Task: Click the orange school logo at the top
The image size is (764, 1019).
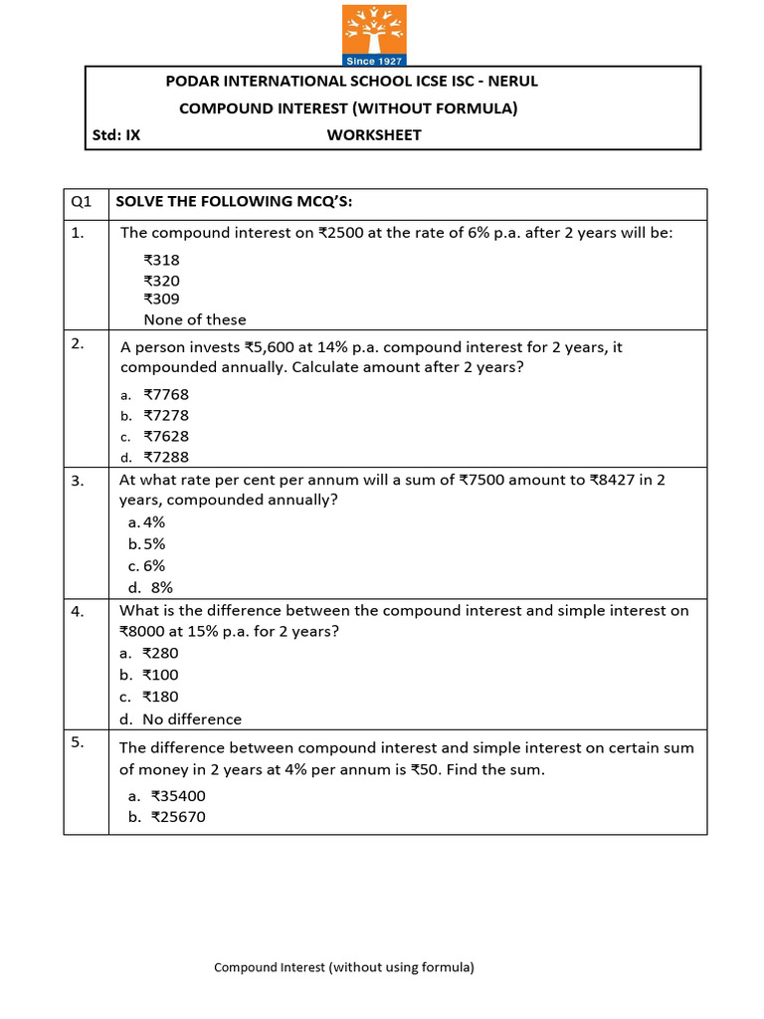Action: pyautogui.click(x=374, y=35)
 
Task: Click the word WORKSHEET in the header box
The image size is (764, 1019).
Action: pyautogui.click(x=374, y=135)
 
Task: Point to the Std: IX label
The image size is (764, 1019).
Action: pyautogui.click(x=116, y=135)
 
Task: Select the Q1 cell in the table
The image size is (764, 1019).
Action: pyautogui.click(x=81, y=203)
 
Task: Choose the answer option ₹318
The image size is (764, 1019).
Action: pyautogui.click(x=161, y=260)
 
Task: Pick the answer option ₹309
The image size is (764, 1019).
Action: pyautogui.click(x=161, y=299)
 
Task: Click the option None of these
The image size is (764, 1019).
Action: pyautogui.click(x=194, y=319)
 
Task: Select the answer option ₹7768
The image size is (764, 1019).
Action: pyautogui.click(x=165, y=394)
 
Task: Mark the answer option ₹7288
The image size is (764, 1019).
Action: pyautogui.click(x=165, y=458)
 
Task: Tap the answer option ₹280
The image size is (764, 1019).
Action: pyautogui.click(x=160, y=654)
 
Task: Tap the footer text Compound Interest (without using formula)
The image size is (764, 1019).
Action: pyautogui.click(x=344, y=966)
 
